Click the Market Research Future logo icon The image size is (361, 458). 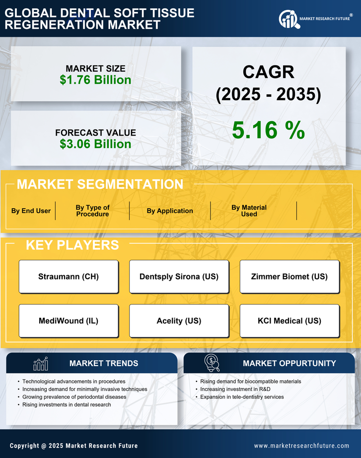tap(289, 19)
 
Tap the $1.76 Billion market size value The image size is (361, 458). tap(95, 80)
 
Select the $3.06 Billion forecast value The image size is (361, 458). tap(95, 144)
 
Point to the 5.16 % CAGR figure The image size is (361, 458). tap(268, 130)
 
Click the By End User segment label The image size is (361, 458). tap(31, 211)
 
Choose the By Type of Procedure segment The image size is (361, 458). tap(92, 211)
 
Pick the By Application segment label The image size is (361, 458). tap(170, 211)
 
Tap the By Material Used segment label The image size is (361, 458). tap(249, 211)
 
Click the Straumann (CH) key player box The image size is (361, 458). tap(69, 276)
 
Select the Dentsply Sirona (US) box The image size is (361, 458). tap(179, 276)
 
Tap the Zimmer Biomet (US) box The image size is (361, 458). tap(289, 276)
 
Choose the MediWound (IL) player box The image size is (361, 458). tap(69, 320)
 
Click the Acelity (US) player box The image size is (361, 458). tap(179, 320)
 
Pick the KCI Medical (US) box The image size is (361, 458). tap(289, 320)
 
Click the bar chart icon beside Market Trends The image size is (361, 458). tap(41, 364)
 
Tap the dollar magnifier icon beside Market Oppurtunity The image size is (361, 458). tap(212, 363)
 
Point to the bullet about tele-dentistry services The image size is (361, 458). tap(242, 397)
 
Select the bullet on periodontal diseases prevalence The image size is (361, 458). tap(74, 397)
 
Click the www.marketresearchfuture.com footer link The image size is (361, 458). tap(301, 446)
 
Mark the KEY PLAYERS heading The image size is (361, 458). tap(72, 245)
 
